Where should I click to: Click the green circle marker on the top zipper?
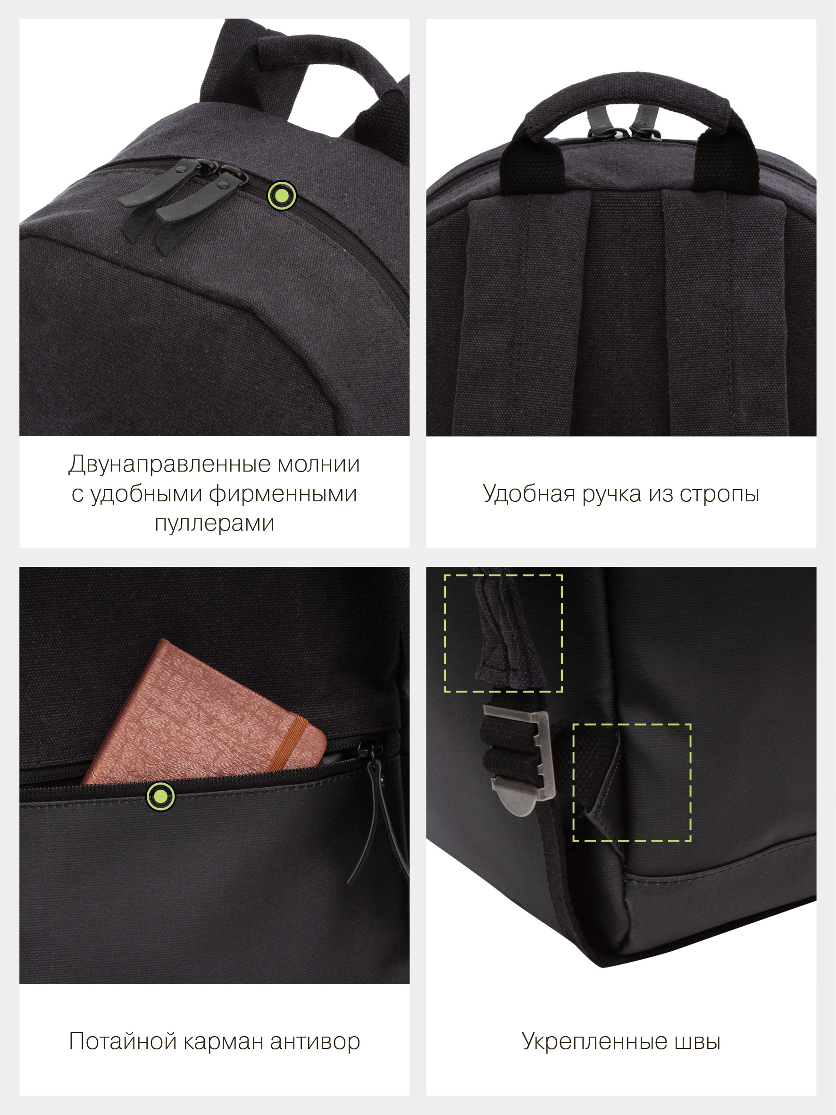coord(282,195)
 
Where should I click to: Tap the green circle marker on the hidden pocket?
coord(161,796)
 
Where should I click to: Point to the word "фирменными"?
coord(283,494)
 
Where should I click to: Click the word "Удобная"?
coord(528,493)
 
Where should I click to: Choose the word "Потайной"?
coord(123,1041)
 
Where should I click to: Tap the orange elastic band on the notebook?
coord(287,744)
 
